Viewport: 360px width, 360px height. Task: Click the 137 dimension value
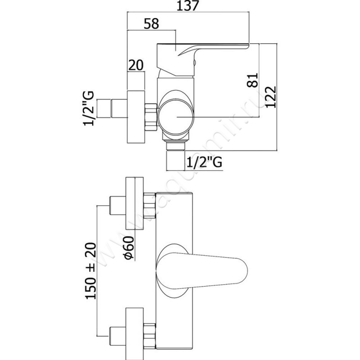187,5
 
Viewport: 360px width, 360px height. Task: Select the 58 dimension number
151,23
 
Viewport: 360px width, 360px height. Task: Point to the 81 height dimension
252,80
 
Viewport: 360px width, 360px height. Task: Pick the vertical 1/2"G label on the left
88,108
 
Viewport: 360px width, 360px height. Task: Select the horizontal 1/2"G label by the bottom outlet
204,162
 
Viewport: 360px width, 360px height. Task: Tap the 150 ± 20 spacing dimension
91,271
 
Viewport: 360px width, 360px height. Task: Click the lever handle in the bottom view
202,270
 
